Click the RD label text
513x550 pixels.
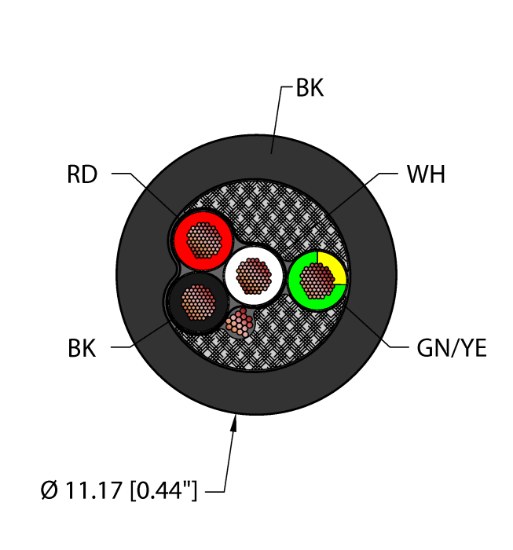pyautogui.click(x=82, y=174)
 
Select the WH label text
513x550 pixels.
pyautogui.click(x=426, y=174)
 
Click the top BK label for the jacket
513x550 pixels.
pyautogui.click(x=309, y=89)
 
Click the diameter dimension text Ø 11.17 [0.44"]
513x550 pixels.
pyautogui.click(x=118, y=493)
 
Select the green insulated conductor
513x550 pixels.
pyautogui.click(x=299, y=289)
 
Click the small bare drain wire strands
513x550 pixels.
pyautogui.click(x=240, y=322)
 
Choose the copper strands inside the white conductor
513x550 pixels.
pyautogui.click(x=254, y=275)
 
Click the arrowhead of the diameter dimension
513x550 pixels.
pyautogui.click(x=234, y=424)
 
